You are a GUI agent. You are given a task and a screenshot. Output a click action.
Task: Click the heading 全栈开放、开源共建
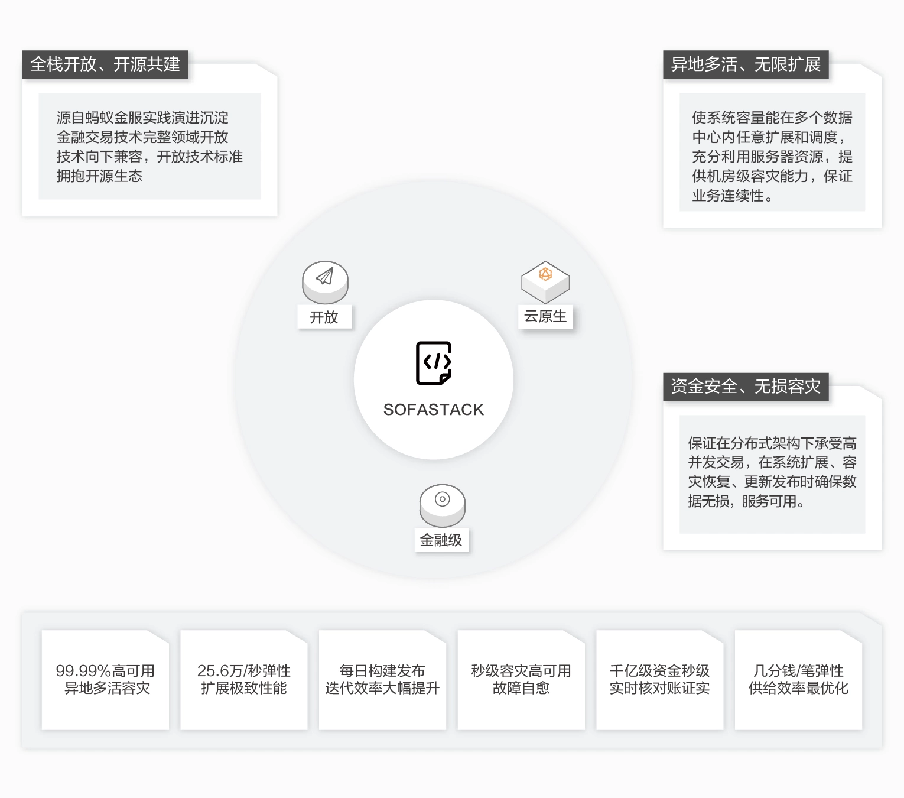click(105, 64)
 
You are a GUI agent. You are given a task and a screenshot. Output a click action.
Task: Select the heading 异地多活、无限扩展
click(746, 64)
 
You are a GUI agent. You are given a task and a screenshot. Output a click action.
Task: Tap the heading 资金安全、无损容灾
click(746, 387)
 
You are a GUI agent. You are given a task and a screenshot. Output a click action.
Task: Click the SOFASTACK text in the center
click(433, 410)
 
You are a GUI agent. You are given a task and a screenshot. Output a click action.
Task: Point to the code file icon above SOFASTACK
click(434, 363)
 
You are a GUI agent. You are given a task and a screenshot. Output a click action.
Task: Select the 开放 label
click(324, 317)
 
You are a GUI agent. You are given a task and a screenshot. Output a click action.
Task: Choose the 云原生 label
click(545, 316)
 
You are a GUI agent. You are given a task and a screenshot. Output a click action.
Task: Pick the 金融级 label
click(441, 540)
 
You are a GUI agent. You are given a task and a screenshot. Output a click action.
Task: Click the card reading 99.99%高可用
click(105, 679)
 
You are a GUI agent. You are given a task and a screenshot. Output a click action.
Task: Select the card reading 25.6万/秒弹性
click(244, 679)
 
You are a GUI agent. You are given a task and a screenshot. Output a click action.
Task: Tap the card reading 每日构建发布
click(382, 679)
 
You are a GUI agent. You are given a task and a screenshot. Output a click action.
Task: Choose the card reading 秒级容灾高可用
click(521, 679)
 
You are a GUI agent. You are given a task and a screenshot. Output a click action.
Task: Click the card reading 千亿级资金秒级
click(659, 679)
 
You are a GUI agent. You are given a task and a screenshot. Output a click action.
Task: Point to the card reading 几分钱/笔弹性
click(798, 679)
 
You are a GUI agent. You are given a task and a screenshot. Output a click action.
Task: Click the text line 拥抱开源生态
click(100, 176)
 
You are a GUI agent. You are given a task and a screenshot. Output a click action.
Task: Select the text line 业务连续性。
click(733, 196)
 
